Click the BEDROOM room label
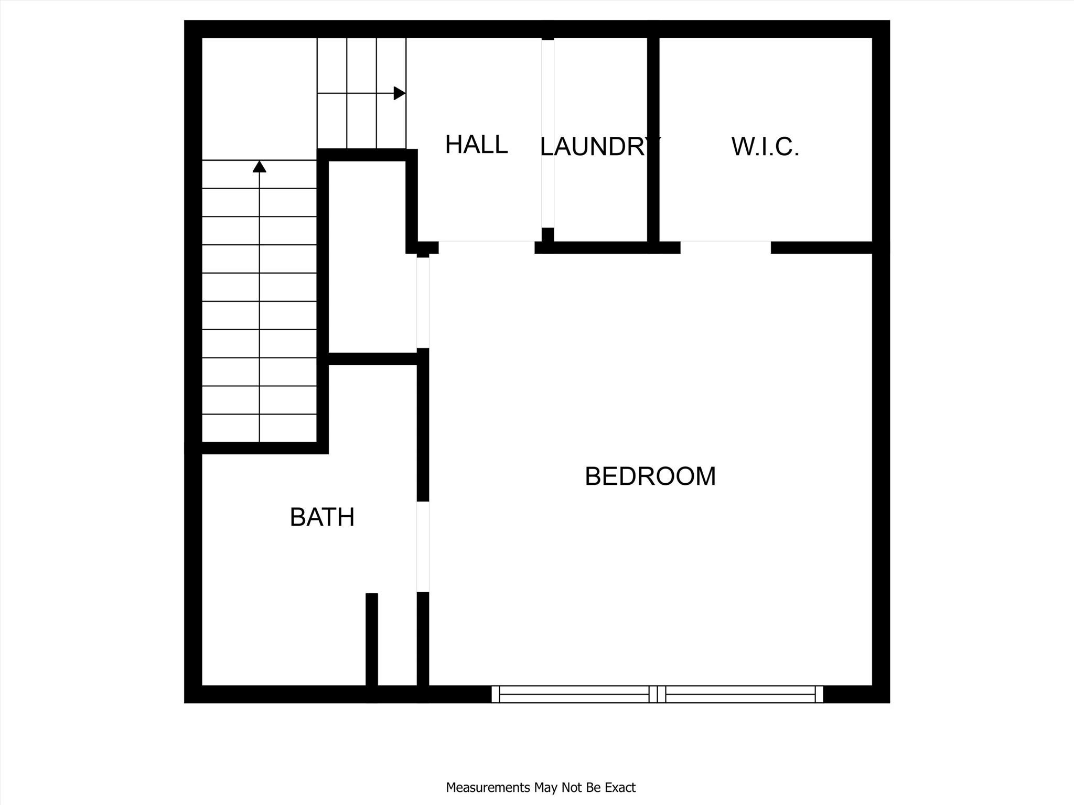click(650, 476)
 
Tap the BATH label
click(322, 517)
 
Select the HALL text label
click(476, 144)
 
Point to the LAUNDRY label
click(600, 146)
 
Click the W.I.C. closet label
click(765, 146)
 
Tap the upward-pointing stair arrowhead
click(260, 166)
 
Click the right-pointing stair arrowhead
click(400, 93)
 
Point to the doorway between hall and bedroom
click(487, 247)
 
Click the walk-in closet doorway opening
click(726, 247)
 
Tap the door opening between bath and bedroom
click(423, 547)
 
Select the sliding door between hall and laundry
click(547, 134)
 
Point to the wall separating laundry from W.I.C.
click(653, 140)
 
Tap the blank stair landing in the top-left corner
click(259, 99)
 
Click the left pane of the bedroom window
click(574, 694)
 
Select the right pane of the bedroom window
click(740, 694)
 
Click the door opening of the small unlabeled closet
click(423, 302)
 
